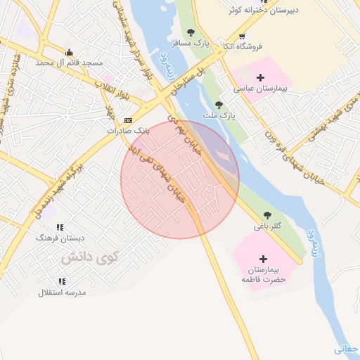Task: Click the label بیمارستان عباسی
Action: (x=259, y=89)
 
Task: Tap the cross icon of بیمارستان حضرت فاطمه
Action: (x=264, y=259)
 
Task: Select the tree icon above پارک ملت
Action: (x=219, y=104)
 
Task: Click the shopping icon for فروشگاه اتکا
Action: (x=243, y=36)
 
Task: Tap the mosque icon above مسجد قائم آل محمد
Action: (x=69, y=52)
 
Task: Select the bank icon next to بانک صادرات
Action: (x=127, y=120)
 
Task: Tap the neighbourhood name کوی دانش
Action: (x=89, y=258)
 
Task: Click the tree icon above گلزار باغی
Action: (x=266, y=216)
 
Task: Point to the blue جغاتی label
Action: (x=346, y=348)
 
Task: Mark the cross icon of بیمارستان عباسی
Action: (x=260, y=77)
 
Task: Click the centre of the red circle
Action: (x=180, y=179)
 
